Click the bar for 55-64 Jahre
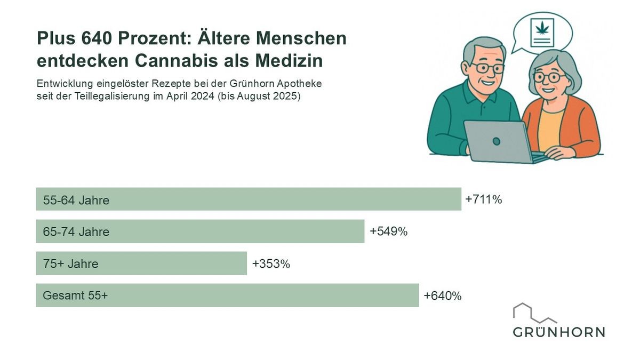pos(248,199)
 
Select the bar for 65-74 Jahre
pos(200,231)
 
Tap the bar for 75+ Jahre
pos(141,263)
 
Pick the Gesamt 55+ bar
pos(227,295)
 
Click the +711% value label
pos(484,199)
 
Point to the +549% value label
pos(388,231)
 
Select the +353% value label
pos(271,263)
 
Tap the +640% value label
pos(442,295)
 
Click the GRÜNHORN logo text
pos(559,332)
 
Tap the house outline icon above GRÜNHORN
pos(533,313)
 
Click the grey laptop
pos(496,141)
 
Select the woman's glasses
pos(548,77)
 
